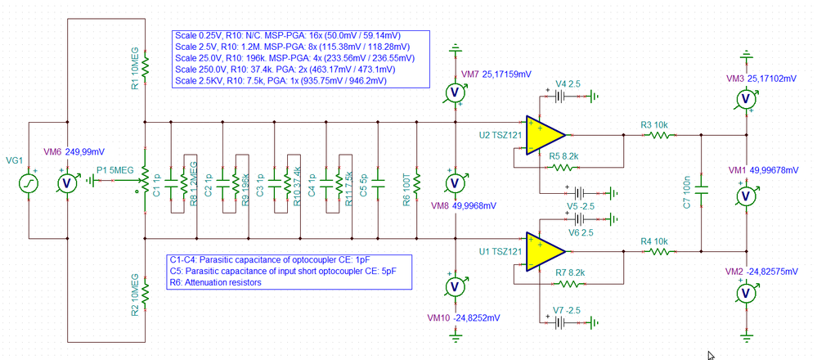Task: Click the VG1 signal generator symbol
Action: tap(27, 182)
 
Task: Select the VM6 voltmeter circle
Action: tap(70, 182)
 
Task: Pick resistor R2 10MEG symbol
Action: tap(145, 292)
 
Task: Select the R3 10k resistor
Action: tap(660, 135)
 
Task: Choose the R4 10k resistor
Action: tap(660, 251)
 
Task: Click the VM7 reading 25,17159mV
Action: tap(501, 74)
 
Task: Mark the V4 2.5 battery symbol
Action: tap(563, 95)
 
